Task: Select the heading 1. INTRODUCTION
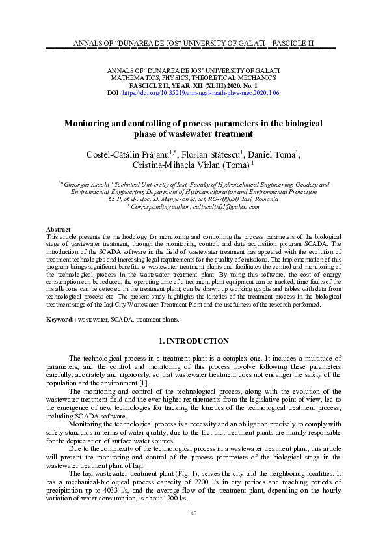pos(193,341)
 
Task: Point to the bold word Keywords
pos(61,320)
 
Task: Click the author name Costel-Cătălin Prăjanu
pos(127,154)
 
